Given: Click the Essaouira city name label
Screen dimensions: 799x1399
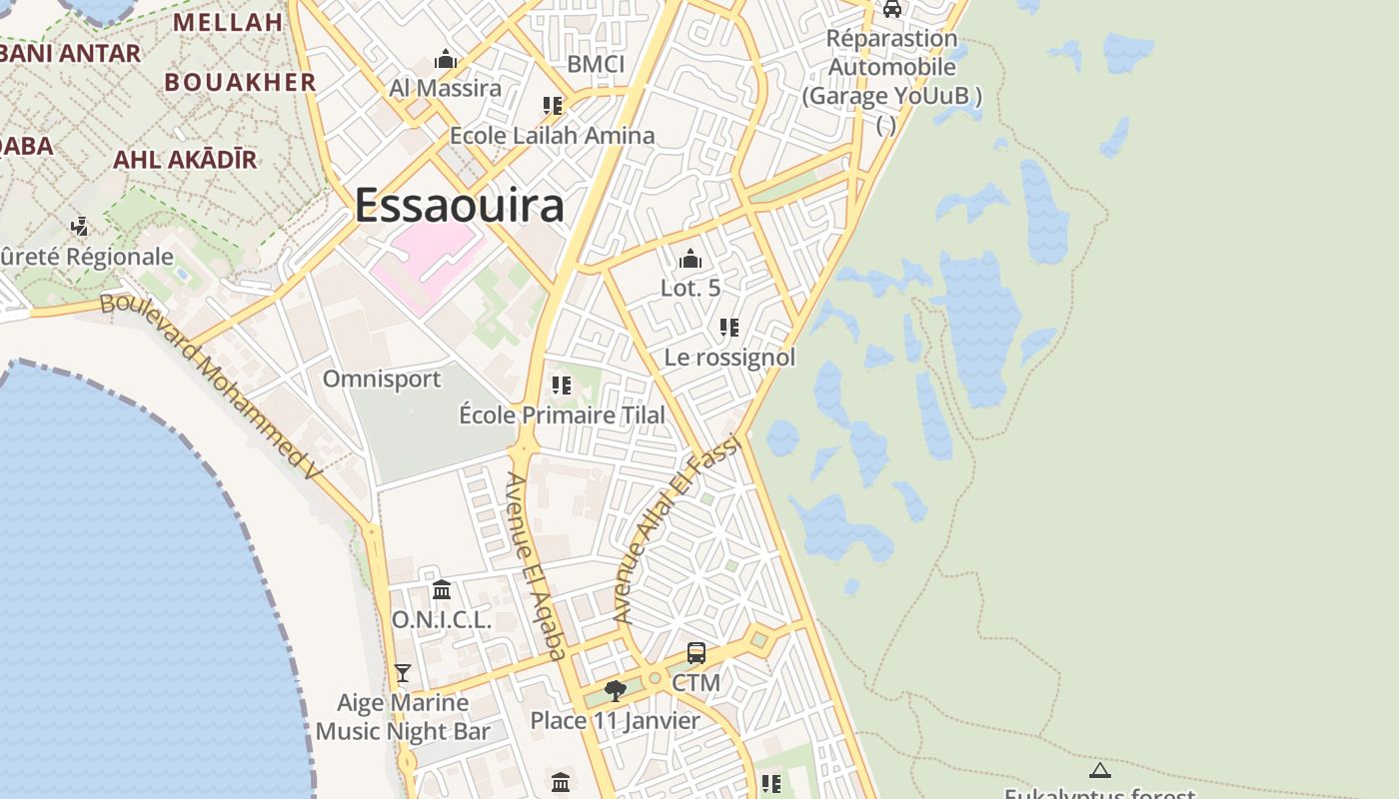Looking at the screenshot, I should [459, 206].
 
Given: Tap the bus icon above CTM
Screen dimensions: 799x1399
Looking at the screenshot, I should [697, 653].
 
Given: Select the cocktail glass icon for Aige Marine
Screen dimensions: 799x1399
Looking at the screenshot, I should [403, 673].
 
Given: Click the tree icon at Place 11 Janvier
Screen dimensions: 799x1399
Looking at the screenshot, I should [616, 690].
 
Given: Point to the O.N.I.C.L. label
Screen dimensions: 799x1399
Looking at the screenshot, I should [441, 620].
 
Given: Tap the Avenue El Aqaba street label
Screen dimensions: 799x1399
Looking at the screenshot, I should [536, 565].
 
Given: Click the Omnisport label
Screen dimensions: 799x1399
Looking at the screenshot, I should [381, 380].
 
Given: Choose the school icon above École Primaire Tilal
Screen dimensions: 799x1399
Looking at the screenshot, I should [562, 386].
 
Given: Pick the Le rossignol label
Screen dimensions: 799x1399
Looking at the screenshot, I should [729, 358].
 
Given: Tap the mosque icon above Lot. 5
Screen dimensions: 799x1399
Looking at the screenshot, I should [690, 260].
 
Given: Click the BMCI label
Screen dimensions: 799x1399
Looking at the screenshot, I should [596, 65].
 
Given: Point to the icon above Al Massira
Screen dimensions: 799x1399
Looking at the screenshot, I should [446, 60].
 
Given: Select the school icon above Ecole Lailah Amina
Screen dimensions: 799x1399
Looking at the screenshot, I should [552, 106].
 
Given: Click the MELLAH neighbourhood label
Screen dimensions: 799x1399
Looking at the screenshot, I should [228, 23].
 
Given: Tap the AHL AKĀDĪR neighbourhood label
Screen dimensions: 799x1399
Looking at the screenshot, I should [185, 160].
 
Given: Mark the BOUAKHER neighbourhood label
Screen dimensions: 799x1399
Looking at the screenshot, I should [240, 82].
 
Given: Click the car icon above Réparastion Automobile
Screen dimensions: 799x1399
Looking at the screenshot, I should [891, 9].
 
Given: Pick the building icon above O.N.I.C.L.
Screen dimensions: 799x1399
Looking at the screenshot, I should [442, 590].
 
